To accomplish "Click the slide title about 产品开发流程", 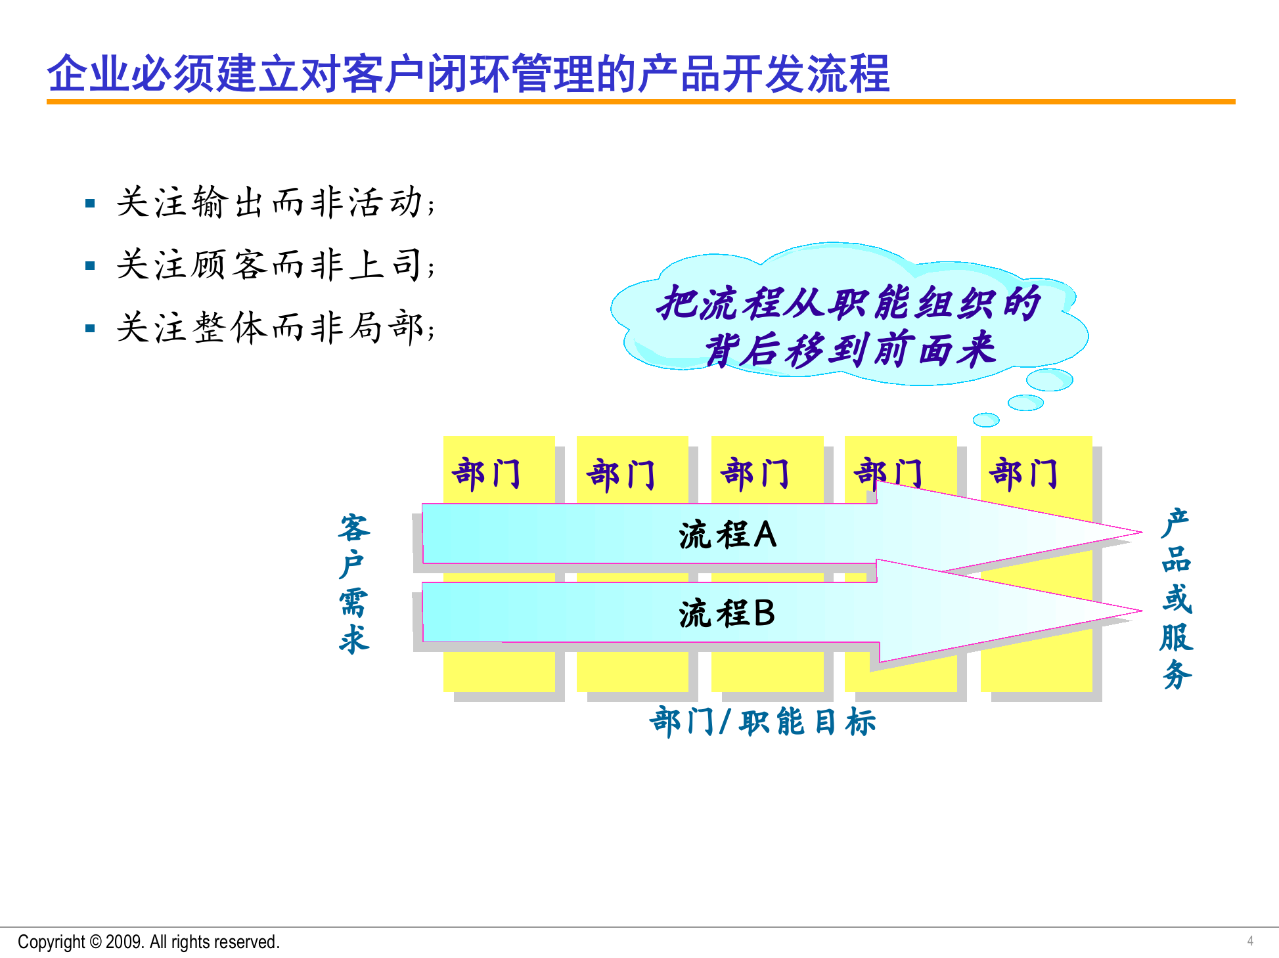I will click(x=468, y=73).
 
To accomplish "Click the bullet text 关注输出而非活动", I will click(x=275, y=202).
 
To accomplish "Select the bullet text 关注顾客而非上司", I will click(x=275, y=265).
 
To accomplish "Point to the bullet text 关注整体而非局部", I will click(x=275, y=327).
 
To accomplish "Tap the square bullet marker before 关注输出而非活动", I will click(x=91, y=204).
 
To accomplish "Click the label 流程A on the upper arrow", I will click(x=727, y=534).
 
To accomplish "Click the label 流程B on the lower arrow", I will click(x=727, y=613).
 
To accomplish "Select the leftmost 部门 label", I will click(x=486, y=474).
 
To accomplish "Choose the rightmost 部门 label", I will click(x=1023, y=474).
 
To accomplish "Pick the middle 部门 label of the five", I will click(x=755, y=474).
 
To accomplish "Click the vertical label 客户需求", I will click(x=355, y=583).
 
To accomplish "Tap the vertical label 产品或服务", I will click(x=1177, y=598).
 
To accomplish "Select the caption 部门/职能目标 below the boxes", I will click(x=762, y=722).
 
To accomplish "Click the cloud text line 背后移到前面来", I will click(x=850, y=349).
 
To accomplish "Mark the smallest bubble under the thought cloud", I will click(x=985, y=420).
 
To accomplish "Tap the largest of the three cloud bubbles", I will click(x=1049, y=380).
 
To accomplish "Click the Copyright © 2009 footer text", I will click(x=148, y=942).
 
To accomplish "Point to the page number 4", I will click(x=1250, y=941).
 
